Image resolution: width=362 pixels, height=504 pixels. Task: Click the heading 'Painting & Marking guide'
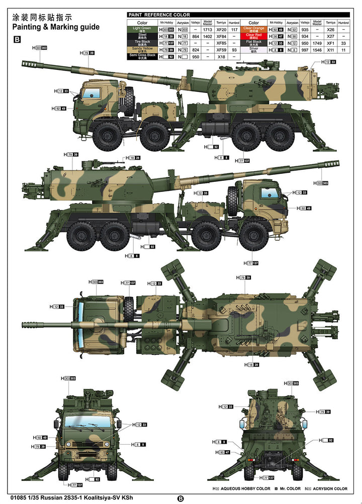56,27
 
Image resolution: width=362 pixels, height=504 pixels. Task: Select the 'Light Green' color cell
142,29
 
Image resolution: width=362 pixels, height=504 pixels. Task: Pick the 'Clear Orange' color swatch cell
253,29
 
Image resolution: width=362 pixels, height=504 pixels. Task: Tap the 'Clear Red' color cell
253,36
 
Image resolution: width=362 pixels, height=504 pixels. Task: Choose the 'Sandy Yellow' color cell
142,50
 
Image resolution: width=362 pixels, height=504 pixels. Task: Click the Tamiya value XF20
221,29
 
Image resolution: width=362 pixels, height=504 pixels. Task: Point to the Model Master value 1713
208,29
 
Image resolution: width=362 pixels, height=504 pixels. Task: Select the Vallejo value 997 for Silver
305,50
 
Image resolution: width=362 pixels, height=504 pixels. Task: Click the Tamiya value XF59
221,50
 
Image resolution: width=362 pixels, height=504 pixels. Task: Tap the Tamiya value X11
330,50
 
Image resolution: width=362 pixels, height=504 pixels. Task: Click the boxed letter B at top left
17,39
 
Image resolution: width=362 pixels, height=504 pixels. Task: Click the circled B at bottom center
180,498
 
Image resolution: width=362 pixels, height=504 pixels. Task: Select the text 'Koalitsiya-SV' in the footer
103,488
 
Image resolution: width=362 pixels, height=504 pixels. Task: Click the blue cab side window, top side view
92,93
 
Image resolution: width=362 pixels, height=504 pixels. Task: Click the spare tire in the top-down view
129,308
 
